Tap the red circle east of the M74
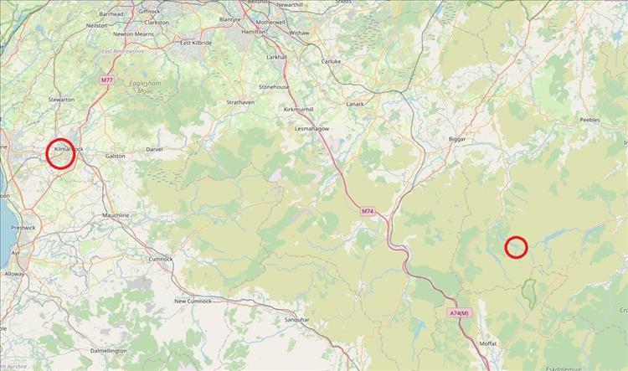(x=517, y=247)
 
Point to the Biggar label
(x=456, y=139)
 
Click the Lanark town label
(x=356, y=105)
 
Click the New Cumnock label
(x=193, y=301)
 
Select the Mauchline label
(x=116, y=215)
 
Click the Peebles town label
(x=591, y=121)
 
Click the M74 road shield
(x=368, y=211)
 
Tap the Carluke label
(x=332, y=61)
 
